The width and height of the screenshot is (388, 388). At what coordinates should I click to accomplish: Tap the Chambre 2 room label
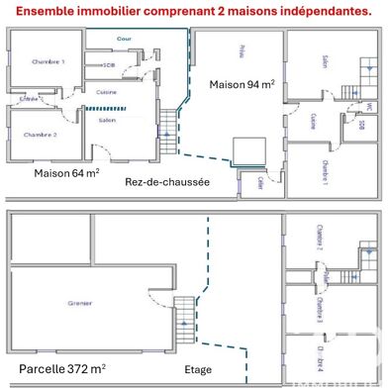click(x=39, y=134)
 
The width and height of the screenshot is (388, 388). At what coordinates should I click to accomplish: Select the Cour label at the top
click(x=124, y=41)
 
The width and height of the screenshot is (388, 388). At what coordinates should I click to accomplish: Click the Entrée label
click(x=29, y=100)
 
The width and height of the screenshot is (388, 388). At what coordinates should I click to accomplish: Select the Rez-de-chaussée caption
click(x=166, y=182)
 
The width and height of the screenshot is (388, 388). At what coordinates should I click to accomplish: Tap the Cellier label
click(x=259, y=182)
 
